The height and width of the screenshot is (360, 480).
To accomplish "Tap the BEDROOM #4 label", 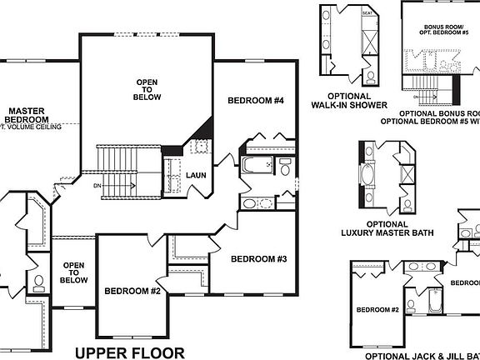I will (256, 101).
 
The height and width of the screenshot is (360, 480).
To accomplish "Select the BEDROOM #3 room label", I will (258, 259).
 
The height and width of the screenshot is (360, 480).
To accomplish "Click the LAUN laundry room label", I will (197, 175).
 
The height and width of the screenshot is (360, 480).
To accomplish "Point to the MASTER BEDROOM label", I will (27, 115).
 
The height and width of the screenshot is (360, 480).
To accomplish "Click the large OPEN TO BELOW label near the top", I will (147, 89).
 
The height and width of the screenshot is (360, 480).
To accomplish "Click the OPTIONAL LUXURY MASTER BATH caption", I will (375, 229).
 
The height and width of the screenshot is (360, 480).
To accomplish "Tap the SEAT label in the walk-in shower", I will (367, 13).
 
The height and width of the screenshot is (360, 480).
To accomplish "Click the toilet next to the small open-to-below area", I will (37, 283).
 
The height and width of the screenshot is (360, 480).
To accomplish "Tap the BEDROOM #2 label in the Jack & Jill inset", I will (378, 310).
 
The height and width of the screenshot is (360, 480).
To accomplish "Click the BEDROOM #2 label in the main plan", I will (132, 291).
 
